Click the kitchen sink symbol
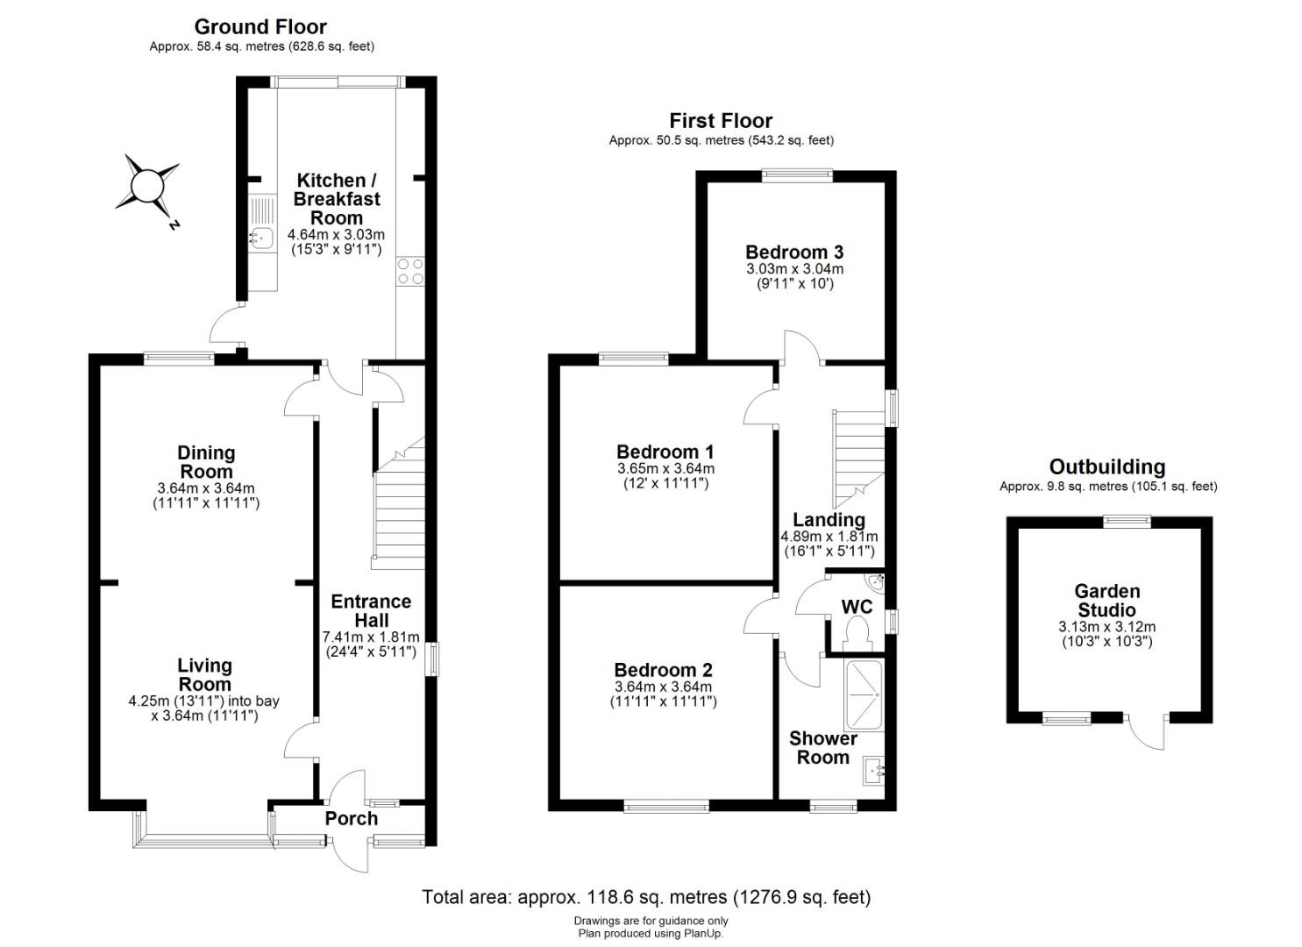point(263,224)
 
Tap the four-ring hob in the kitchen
point(410,272)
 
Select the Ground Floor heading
point(260,26)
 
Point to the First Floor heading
point(721,121)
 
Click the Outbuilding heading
point(1107,466)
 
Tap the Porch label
point(351,818)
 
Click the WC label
point(857,607)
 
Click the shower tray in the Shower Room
point(864,695)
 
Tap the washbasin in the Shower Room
point(873,771)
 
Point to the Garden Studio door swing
point(1146,732)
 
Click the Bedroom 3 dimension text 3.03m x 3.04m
point(794,269)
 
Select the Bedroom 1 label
point(665,452)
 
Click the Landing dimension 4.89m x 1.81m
point(829,537)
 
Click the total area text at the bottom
point(646,897)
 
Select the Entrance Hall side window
point(432,659)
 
